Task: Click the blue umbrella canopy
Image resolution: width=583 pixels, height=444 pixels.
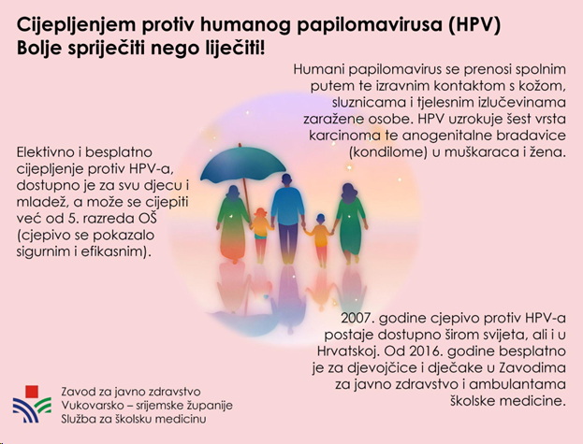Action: coord(242,165)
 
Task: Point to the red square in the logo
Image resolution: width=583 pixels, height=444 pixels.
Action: coord(32,392)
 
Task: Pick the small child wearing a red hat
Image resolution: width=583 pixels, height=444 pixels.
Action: coord(260,234)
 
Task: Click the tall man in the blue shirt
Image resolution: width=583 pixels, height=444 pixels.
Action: coord(287,219)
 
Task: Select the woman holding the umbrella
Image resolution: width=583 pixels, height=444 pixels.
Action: coord(233,223)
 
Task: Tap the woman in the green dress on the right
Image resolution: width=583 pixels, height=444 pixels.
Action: coord(350,222)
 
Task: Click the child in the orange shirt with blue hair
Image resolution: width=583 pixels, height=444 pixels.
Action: coord(320,239)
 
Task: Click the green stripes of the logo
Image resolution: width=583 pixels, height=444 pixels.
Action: coord(43,405)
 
